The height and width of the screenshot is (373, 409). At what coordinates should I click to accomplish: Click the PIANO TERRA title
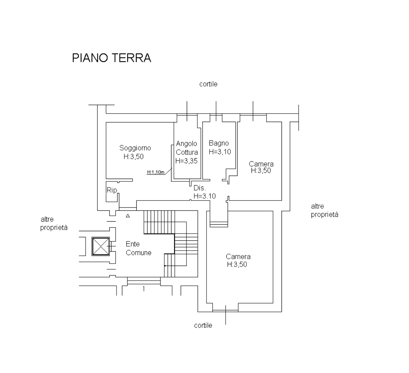[x=111, y=58]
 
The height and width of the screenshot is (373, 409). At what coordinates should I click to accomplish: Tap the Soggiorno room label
[x=135, y=148]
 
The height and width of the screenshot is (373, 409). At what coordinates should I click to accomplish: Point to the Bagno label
[x=219, y=144]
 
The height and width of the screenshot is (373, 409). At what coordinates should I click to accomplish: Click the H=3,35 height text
[x=186, y=161]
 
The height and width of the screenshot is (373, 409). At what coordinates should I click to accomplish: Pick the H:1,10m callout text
[x=156, y=172]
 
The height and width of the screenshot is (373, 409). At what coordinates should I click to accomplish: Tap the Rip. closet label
[x=112, y=190]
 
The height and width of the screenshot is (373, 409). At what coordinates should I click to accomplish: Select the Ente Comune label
[x=138, y=249]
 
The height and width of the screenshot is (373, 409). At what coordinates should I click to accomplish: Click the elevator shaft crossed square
[x=101, y=246]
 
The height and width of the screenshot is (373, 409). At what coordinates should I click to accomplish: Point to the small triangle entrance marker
[x=128, y=215]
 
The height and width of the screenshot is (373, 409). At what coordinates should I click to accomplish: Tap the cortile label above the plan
[x=208, y=84]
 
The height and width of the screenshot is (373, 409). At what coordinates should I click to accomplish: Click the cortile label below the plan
[x=203, y=326]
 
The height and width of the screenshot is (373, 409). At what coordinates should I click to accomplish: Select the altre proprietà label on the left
[x=54, y=224]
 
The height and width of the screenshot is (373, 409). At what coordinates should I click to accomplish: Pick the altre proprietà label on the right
[x=324, y=210]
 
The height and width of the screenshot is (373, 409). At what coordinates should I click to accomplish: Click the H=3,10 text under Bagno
[x=220, y=152]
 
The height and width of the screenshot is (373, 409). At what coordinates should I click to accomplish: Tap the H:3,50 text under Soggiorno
[x=134, y=157]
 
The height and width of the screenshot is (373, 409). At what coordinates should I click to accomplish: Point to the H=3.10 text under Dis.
[x=204, y=196]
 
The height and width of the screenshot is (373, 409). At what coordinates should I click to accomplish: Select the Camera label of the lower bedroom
[x=238, y=257]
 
